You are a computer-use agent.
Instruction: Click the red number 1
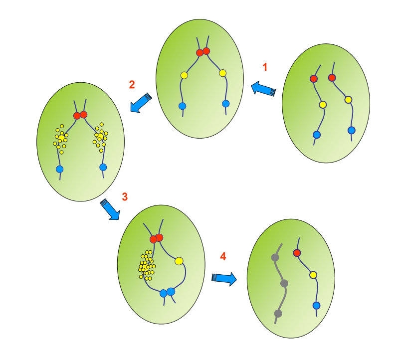click(265, 66)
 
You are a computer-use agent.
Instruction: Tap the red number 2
click(132, 84)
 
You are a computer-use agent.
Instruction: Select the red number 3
click(125, 196)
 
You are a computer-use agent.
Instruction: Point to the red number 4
click(223, 256)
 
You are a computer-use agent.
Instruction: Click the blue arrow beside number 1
click(262, 89)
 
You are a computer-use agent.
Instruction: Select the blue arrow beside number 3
click(110, 209)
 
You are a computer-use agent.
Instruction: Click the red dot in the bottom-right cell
click(297, 253)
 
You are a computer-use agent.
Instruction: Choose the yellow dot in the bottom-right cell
click(313, 275)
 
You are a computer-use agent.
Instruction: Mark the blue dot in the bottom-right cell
click(316, 305)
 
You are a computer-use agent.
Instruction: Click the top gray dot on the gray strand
click(274, 257)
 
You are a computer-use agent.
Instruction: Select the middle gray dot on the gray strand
click(284, 284)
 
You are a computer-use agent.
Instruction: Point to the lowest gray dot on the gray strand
click(278, 313)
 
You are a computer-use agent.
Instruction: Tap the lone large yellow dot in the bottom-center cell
click(179, 260)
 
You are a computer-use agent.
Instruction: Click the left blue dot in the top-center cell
click(182, 106)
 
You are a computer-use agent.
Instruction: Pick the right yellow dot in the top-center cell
click(222, 74)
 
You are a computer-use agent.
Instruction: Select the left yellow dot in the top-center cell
click(184, 75)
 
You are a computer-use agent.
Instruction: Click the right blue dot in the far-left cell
click(103, 167)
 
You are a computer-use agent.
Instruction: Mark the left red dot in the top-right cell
click(314, 79)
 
